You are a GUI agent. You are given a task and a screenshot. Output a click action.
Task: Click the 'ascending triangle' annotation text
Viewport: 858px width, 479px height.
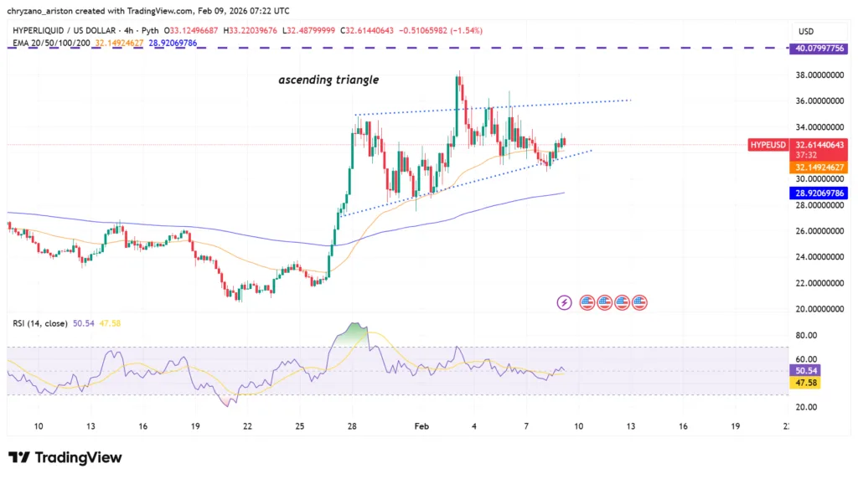(328, 80)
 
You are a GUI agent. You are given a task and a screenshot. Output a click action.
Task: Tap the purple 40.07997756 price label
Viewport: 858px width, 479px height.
(820, 49)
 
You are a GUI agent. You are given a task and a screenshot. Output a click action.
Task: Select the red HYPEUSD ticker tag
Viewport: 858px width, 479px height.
(768, 145)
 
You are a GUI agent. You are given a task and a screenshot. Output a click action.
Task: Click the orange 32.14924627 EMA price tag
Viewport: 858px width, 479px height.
(820, 167)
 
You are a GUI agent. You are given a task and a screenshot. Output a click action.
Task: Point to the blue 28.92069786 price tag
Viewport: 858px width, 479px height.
(820, 193)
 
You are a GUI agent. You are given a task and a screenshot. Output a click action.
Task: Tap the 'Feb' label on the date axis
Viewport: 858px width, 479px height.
(421, 426)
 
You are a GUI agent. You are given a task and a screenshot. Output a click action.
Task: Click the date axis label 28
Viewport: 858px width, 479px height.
(353, 426)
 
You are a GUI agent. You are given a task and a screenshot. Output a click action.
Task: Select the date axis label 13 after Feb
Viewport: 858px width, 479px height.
(631, 426)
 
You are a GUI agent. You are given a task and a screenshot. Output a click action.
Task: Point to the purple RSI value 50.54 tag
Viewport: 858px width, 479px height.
(807, 369)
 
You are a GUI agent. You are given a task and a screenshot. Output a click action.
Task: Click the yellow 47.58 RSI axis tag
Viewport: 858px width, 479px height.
(807, 382)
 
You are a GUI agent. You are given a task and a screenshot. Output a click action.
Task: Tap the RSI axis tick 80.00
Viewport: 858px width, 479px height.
(806, 335)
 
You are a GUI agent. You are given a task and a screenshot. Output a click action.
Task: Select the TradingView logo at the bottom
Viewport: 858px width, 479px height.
(65, 457)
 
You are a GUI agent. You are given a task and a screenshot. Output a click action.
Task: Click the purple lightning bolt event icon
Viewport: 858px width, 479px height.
(565, 301)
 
